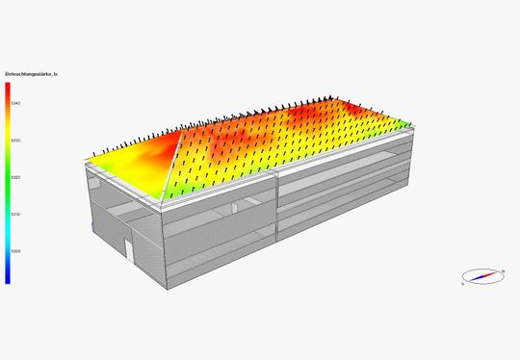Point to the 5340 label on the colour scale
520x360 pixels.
coord(16,102)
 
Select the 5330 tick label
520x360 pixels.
coord(16,140)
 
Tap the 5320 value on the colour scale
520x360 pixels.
coord(16,177)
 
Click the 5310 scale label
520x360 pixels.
coord(16,214)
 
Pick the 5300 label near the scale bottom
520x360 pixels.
coord(16,250)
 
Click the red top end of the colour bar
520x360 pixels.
coord(8,87)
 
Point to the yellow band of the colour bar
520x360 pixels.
coord(8,144)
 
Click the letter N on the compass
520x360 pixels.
coord(503,270)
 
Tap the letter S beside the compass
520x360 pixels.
coord(463,284)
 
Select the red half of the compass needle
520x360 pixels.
coord(493,273)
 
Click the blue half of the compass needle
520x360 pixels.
coord(476,279)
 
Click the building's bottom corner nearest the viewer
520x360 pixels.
coord(161,288)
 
